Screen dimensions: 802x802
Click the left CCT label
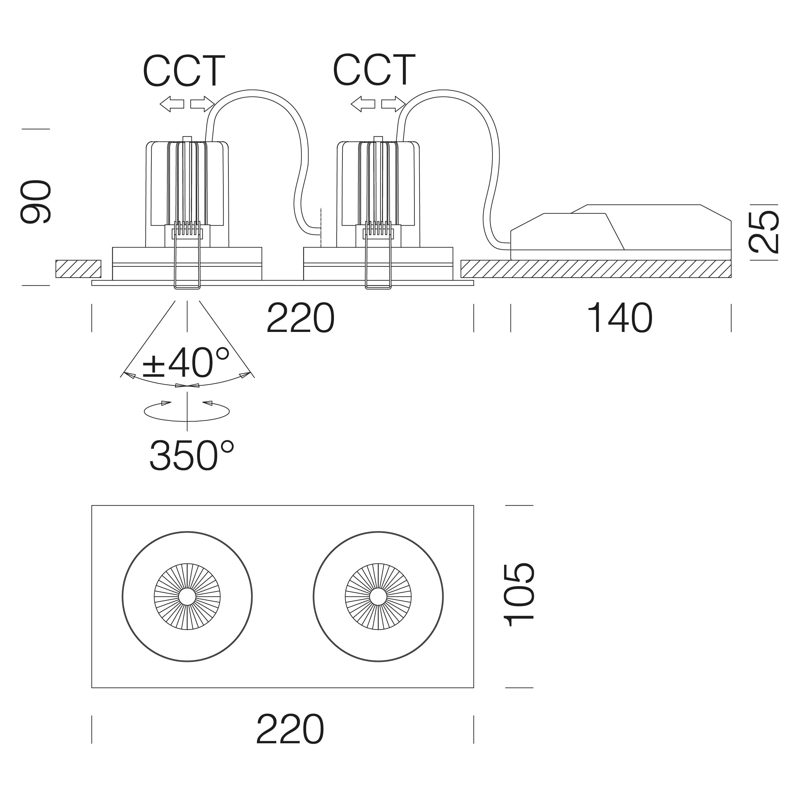(184, 71)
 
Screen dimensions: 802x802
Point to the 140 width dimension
(619, 318)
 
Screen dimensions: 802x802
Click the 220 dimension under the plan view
(290, 729)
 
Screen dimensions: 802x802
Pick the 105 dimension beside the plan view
(519, 595)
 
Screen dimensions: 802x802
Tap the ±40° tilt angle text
(186, 361)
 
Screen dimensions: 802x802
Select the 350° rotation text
(192, 455)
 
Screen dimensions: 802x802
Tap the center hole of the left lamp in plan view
(187, 597)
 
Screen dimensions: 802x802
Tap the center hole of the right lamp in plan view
(378, 597)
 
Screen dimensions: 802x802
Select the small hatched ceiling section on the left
(78, 269)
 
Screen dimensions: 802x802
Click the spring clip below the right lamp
(378, 266)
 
